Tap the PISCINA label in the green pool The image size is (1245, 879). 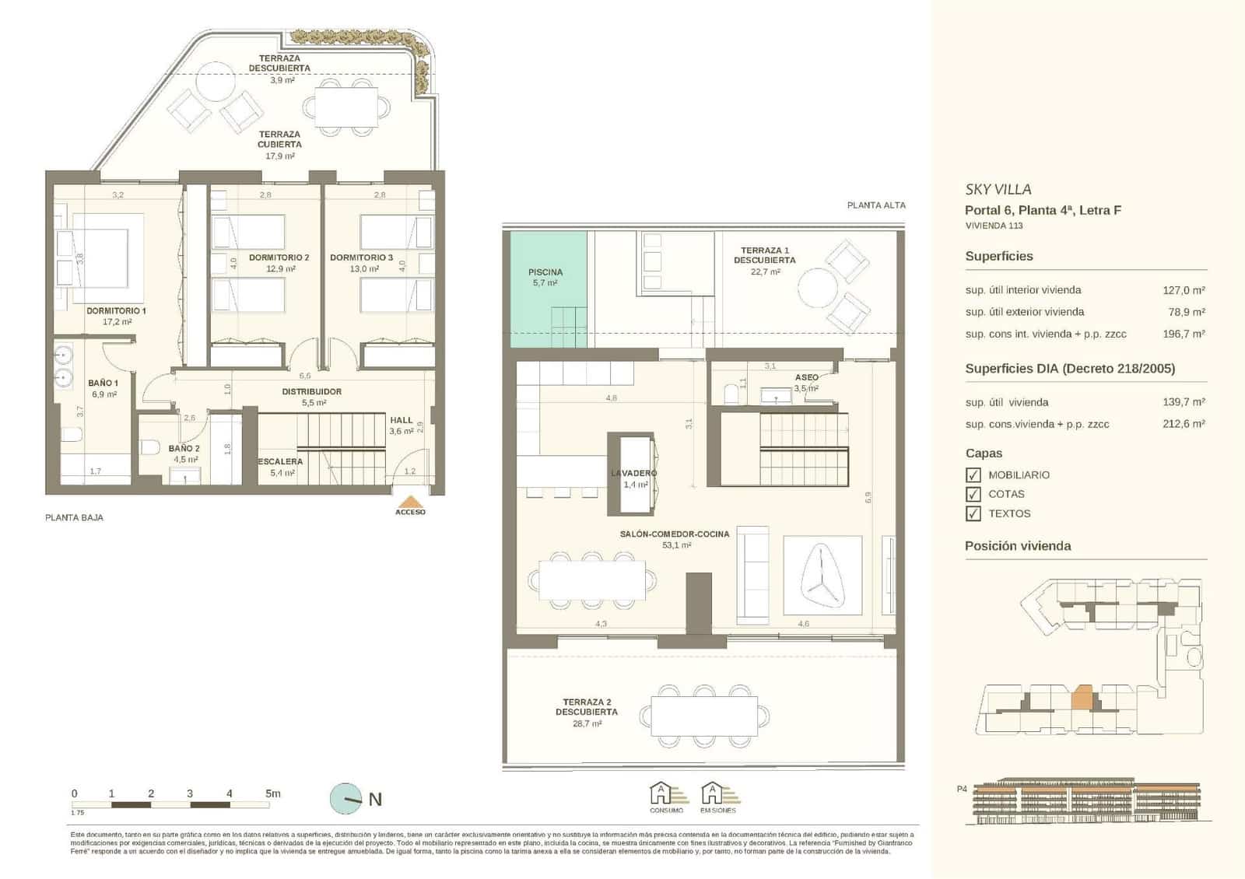point(545,272)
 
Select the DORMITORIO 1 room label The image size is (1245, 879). point(116,311)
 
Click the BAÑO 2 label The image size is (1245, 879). point(184,449)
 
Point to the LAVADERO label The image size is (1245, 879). point(634,473)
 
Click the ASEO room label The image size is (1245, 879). point(806,377)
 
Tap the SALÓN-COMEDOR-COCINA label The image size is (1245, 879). point(675,534)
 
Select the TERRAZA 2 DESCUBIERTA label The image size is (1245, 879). point(587,707)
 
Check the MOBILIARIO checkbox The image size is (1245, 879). point(973,475)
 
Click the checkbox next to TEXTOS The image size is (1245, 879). point(973,513)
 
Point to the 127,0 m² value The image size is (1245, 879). point(1184,290)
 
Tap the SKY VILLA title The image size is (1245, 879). point(998,189)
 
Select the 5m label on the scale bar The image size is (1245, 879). point(272,793)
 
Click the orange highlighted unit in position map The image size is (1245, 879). point(1082,697)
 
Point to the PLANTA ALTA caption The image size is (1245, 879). point(876,205)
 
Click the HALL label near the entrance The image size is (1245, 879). point(402,420)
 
